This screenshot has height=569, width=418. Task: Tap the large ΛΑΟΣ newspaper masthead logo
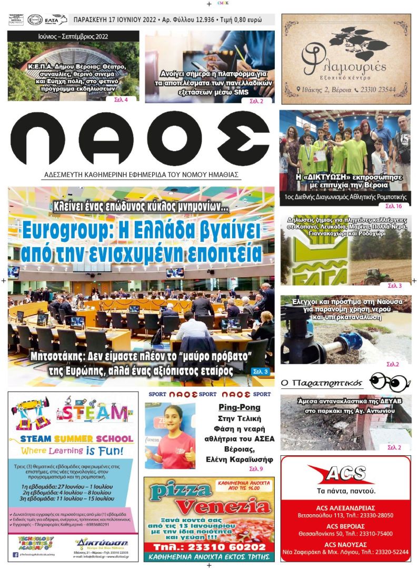[140, 139]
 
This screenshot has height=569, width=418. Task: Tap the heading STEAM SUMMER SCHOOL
[76, 438]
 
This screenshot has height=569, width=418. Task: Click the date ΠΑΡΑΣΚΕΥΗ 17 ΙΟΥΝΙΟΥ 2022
[115, 20]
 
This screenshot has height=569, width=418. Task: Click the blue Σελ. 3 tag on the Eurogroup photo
[259, 371]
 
